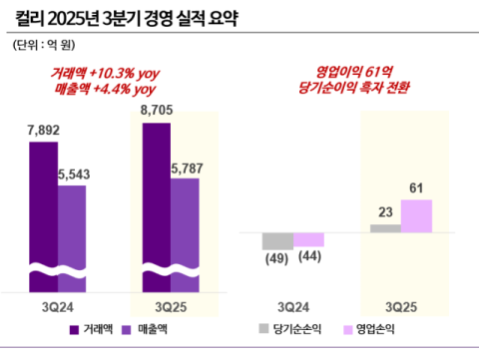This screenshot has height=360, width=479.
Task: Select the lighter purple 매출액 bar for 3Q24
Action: click(72, 224)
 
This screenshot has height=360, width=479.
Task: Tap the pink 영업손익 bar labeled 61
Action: click(416, 215)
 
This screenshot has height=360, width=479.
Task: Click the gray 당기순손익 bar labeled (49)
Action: click(277, 240)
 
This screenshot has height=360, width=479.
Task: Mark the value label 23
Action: click(385, 212)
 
